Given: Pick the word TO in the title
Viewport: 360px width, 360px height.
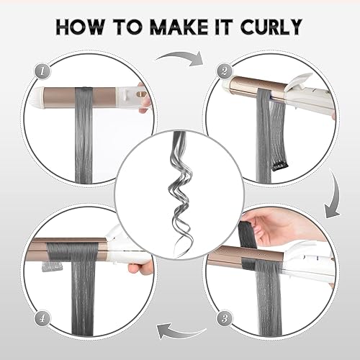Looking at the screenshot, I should click(x=126, y=27).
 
